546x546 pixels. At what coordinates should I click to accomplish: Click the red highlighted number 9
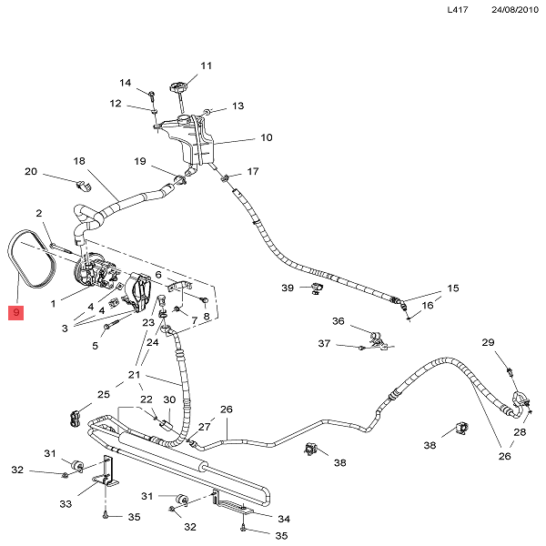16,314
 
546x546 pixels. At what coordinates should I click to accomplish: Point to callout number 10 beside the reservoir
267,138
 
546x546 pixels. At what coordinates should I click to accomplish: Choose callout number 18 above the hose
79,161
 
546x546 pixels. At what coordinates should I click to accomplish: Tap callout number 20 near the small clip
30,172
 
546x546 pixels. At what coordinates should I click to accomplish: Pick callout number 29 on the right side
488,342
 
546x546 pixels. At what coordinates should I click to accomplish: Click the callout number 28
520,432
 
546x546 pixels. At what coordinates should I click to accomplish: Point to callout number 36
338,321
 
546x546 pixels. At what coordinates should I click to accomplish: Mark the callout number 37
324,344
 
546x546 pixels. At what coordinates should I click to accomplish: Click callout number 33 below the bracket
66,504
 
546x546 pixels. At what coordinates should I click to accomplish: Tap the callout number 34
283,519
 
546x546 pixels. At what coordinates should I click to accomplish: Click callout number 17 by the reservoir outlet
252,171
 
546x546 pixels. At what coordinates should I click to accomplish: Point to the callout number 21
135,375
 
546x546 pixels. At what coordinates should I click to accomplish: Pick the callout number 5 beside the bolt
95,345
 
